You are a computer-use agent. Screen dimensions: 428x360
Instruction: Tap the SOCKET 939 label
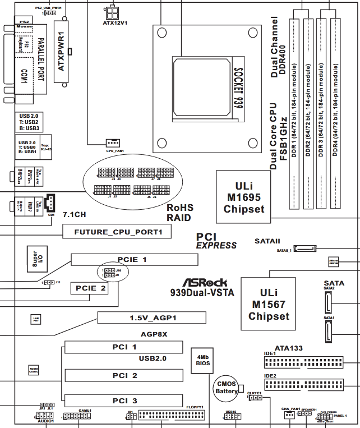click(238, 89)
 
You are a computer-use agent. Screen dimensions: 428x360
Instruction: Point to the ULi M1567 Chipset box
click(269, 303)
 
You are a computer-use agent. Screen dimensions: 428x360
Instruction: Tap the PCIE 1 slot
click(134, 259)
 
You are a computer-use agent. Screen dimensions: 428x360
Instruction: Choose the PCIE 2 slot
click(89, 288)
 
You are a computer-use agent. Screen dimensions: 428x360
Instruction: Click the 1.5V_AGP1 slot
click(151, 318)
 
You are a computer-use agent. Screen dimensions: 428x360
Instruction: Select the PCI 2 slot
click(124, 375)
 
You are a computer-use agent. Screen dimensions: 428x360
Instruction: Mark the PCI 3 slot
click(124, 401)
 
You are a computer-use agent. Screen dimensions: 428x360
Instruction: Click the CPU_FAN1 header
click(114, 143)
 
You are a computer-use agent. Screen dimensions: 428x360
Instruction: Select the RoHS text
click(180, 208)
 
